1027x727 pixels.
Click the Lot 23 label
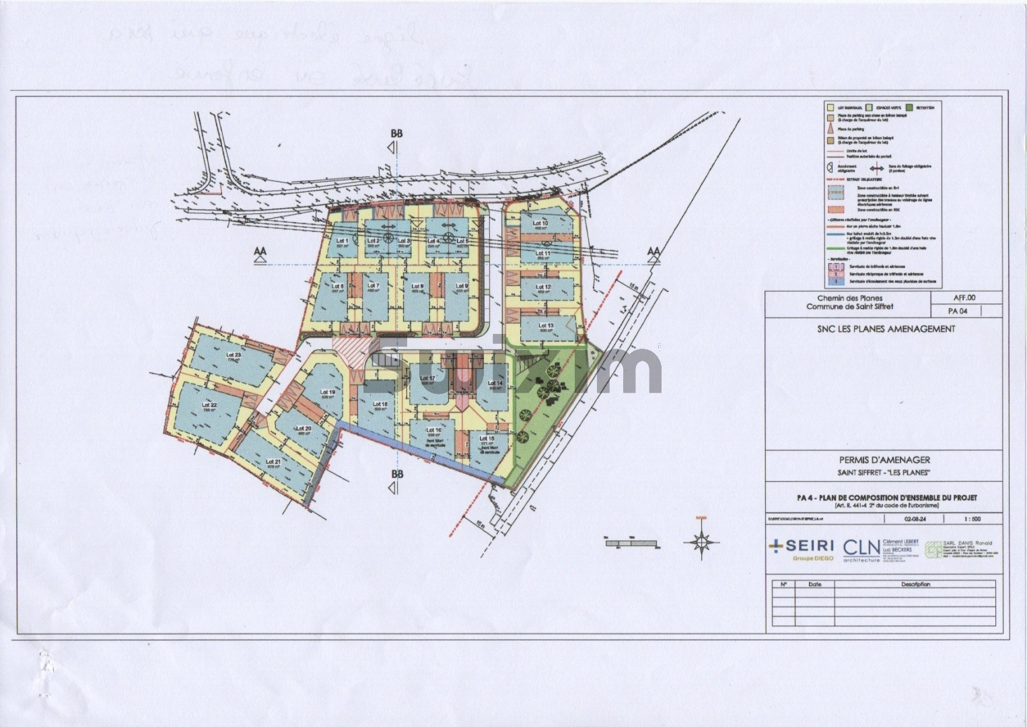tap(234, 355)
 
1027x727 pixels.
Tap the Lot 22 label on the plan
tap(209, 405)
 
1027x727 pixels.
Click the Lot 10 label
tap(540, 223)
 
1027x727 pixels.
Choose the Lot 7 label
tap(374, 286)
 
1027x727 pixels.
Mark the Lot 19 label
tap(328, 392)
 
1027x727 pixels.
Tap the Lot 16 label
tap(434, 430)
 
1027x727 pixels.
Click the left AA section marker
tap(260, 252)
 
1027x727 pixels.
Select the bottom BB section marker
tap(396, 475)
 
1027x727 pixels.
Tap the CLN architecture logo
tap(861, 551)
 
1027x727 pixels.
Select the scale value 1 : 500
tap(972, 519)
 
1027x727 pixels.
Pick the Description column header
tap(916, 584)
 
